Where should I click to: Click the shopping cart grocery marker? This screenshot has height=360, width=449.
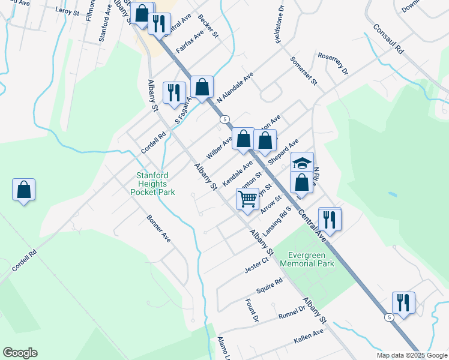(247, 198)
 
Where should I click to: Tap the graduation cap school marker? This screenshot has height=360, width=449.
(302, 163)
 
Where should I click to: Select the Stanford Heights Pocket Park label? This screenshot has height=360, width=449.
(153, 184)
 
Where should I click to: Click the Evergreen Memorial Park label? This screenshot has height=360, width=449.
(310, 259)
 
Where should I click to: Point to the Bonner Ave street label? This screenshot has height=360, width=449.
(159, 228)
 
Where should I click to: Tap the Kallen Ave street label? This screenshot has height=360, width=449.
(309, 336)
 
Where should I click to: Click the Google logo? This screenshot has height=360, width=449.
(20, 353)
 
